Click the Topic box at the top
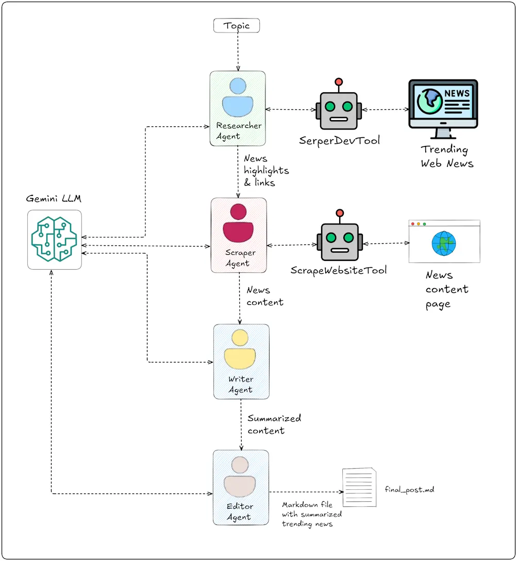(237, 25)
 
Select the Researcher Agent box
(238, 108)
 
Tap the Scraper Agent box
(239, 235)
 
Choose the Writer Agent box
(241, 361)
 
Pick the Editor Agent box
(241, 487)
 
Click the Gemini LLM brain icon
(54, 239)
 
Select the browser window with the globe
(444, 241)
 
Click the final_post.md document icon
(359, 487)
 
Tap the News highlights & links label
(266, 170)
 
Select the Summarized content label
(274, 424)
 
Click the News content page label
(446, 289)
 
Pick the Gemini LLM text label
(54, 199)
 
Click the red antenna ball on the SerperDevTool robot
(339, 81)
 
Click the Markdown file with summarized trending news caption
(312, 515)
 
